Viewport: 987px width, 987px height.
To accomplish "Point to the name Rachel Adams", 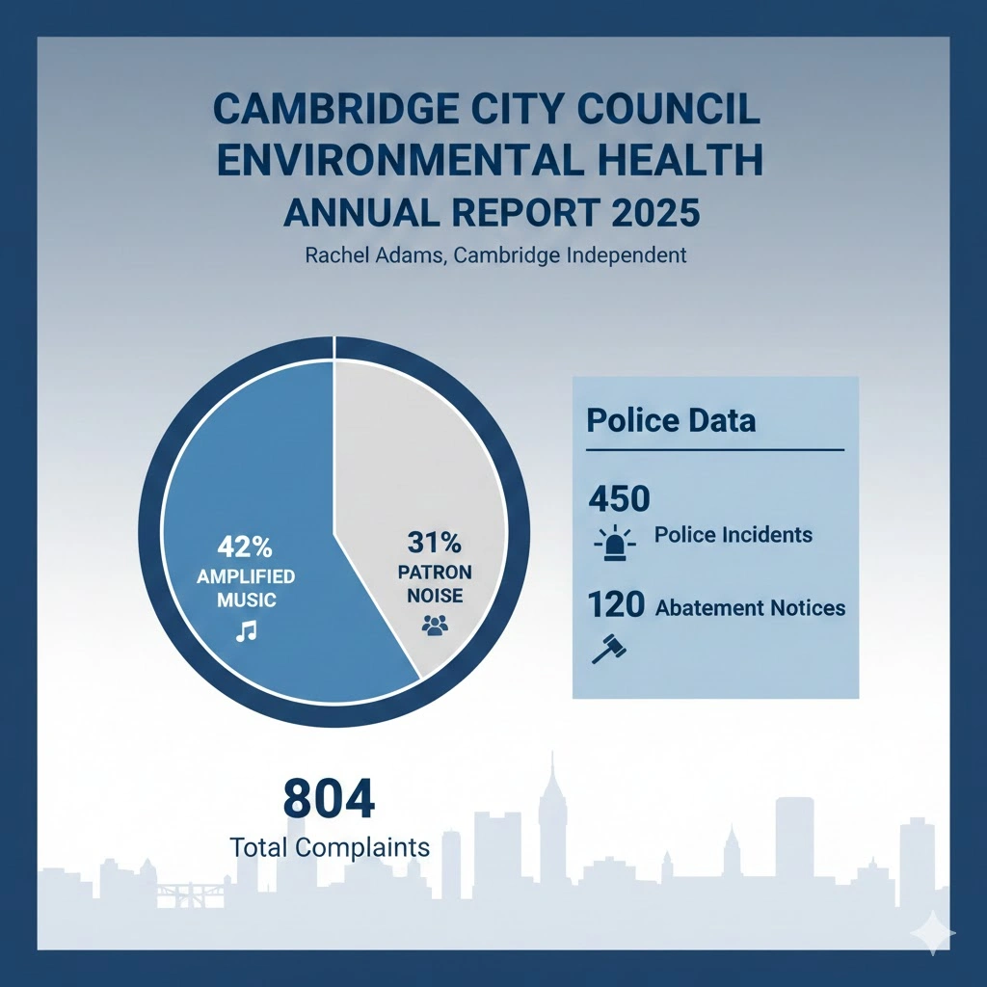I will (369, 256).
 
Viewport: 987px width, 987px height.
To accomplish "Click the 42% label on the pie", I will (246, 547).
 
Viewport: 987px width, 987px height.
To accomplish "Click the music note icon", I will (247, 630).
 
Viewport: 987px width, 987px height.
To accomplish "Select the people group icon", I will (436, 626).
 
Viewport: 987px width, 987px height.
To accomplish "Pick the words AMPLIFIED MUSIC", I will (246, 588).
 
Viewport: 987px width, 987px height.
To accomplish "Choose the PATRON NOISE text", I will (436, 583).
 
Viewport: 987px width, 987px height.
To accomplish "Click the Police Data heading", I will (671, 421).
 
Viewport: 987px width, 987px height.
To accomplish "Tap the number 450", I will (619, 499).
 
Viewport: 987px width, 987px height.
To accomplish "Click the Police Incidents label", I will (733, 535).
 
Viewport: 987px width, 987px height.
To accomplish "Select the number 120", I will (616, 605).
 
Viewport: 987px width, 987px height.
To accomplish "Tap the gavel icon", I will (607, 650).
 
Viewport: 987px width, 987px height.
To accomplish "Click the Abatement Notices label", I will (750, 608).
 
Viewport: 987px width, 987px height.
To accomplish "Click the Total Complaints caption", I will (330, 848).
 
